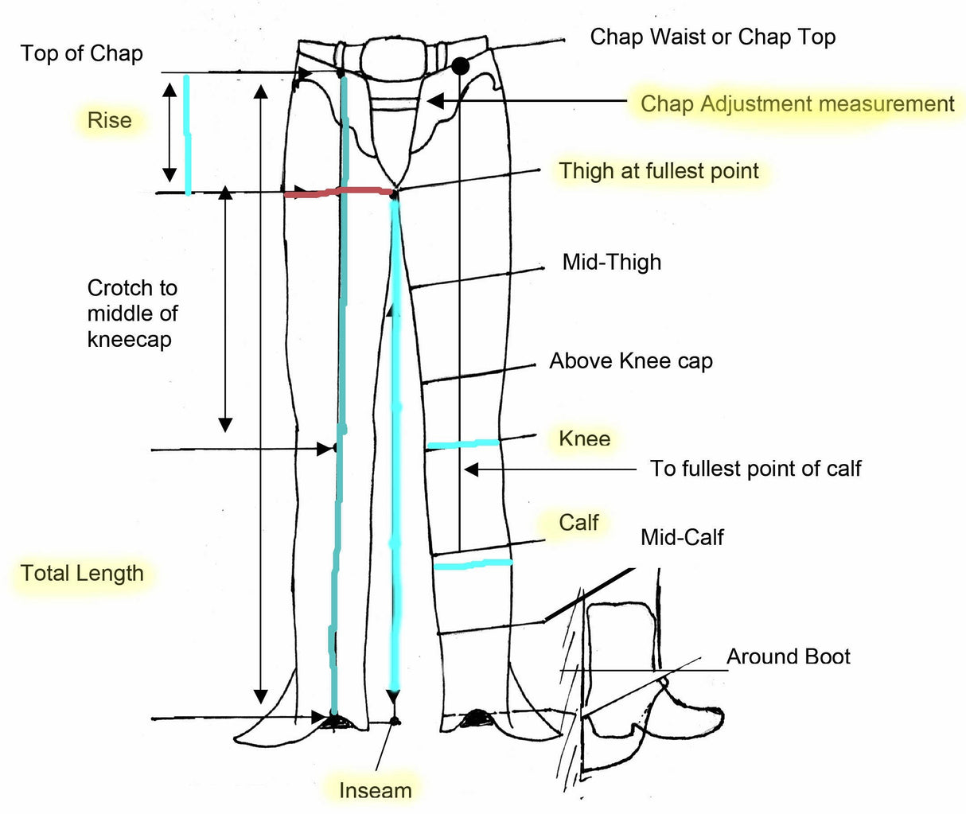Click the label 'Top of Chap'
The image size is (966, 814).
(x=81, y=53)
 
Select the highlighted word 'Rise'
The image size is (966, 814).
(x=109, y=120)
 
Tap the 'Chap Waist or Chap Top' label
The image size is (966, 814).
(x=712, y=37)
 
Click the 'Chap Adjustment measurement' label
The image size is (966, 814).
(x=797, y=103)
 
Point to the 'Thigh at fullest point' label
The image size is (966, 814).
(x=658, y=170)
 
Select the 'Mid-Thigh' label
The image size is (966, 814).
(x=611, y=262)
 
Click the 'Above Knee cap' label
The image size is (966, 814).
(x=630, y=360)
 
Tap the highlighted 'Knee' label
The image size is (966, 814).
(x=584, y=438)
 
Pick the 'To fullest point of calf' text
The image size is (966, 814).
(x=755, y=468)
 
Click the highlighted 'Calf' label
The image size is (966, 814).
(x=578, y=522)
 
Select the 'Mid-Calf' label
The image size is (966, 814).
(x=682, y=537)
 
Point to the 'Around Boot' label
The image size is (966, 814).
(x=788, y=656)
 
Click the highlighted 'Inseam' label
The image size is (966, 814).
(x=375, y=790)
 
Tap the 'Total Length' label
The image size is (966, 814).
(x=82, y=573)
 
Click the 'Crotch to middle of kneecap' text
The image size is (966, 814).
(x=131, y=314)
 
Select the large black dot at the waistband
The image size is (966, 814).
(x=460, y=66)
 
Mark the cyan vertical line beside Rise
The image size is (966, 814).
(x=187, y=135)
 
